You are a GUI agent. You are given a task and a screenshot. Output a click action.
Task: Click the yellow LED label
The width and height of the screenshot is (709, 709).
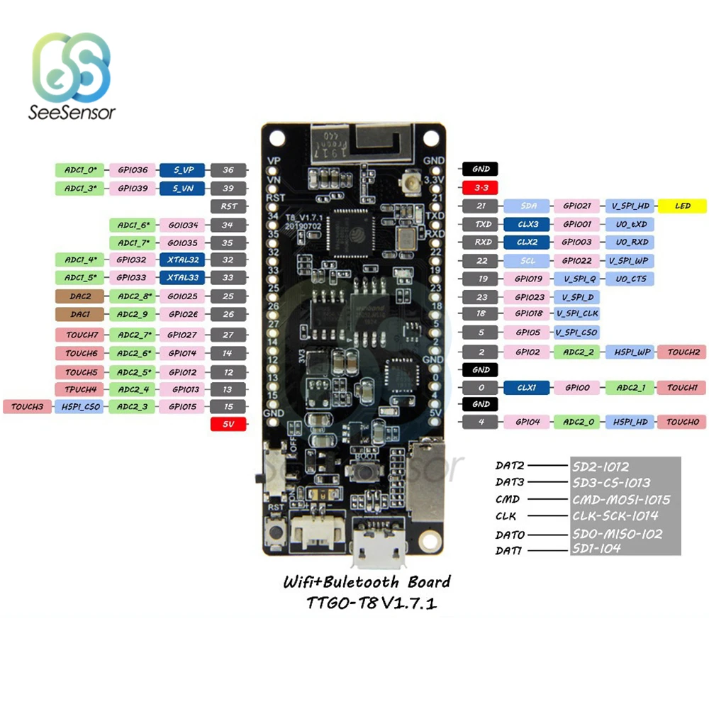click(683, 206)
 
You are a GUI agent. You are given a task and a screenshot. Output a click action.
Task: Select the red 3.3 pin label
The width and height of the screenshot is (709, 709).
click(480, 188)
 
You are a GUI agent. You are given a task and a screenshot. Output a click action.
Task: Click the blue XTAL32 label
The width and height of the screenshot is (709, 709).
click(183, 259)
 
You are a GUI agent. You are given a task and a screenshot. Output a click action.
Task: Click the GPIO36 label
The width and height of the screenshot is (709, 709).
click(133, 169)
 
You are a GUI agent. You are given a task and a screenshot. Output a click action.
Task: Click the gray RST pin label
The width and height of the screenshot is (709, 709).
click(229, 206)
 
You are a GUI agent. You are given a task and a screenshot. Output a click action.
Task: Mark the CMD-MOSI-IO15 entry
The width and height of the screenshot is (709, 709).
click(620, 499)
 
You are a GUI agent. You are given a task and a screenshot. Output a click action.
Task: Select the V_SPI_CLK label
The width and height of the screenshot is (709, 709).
click(578, 313)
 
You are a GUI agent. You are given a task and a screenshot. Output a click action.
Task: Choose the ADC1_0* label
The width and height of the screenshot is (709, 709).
click(79, 169)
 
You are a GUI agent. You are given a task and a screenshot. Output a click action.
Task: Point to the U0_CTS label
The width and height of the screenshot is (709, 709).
click(630, 279)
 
